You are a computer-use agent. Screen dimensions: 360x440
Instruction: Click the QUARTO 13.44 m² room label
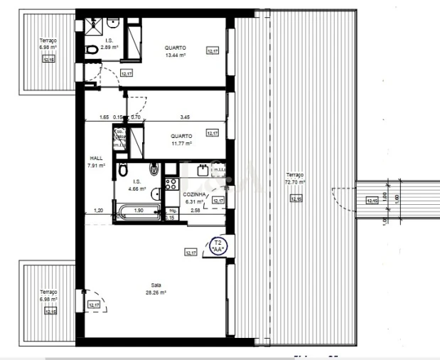point(175,51)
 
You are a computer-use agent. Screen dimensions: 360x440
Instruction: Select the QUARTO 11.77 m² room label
point(182,139)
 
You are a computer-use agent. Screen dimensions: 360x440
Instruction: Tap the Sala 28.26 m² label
point(155,289)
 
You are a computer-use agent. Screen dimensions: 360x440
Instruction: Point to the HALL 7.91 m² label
point(96,162)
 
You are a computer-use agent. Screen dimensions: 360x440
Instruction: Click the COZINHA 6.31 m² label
point(195,198)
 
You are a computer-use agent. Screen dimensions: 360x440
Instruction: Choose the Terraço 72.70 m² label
point(294,179)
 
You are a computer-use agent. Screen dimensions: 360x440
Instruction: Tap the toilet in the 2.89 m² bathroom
point(91,50)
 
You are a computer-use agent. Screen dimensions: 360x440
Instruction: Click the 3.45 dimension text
point(185,117)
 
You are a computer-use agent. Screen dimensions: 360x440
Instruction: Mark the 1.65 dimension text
point(104,117)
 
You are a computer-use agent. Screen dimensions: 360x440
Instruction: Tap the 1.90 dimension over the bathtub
point(140,211)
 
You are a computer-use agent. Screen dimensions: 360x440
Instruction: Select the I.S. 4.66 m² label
point(135,186)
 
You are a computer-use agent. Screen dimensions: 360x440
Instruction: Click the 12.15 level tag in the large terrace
point(295,199)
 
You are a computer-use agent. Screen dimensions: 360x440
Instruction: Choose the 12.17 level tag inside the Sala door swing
point(94,305)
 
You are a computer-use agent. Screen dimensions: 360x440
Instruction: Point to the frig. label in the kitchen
point(173,211)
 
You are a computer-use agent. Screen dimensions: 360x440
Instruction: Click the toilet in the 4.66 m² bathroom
point(123,170)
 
